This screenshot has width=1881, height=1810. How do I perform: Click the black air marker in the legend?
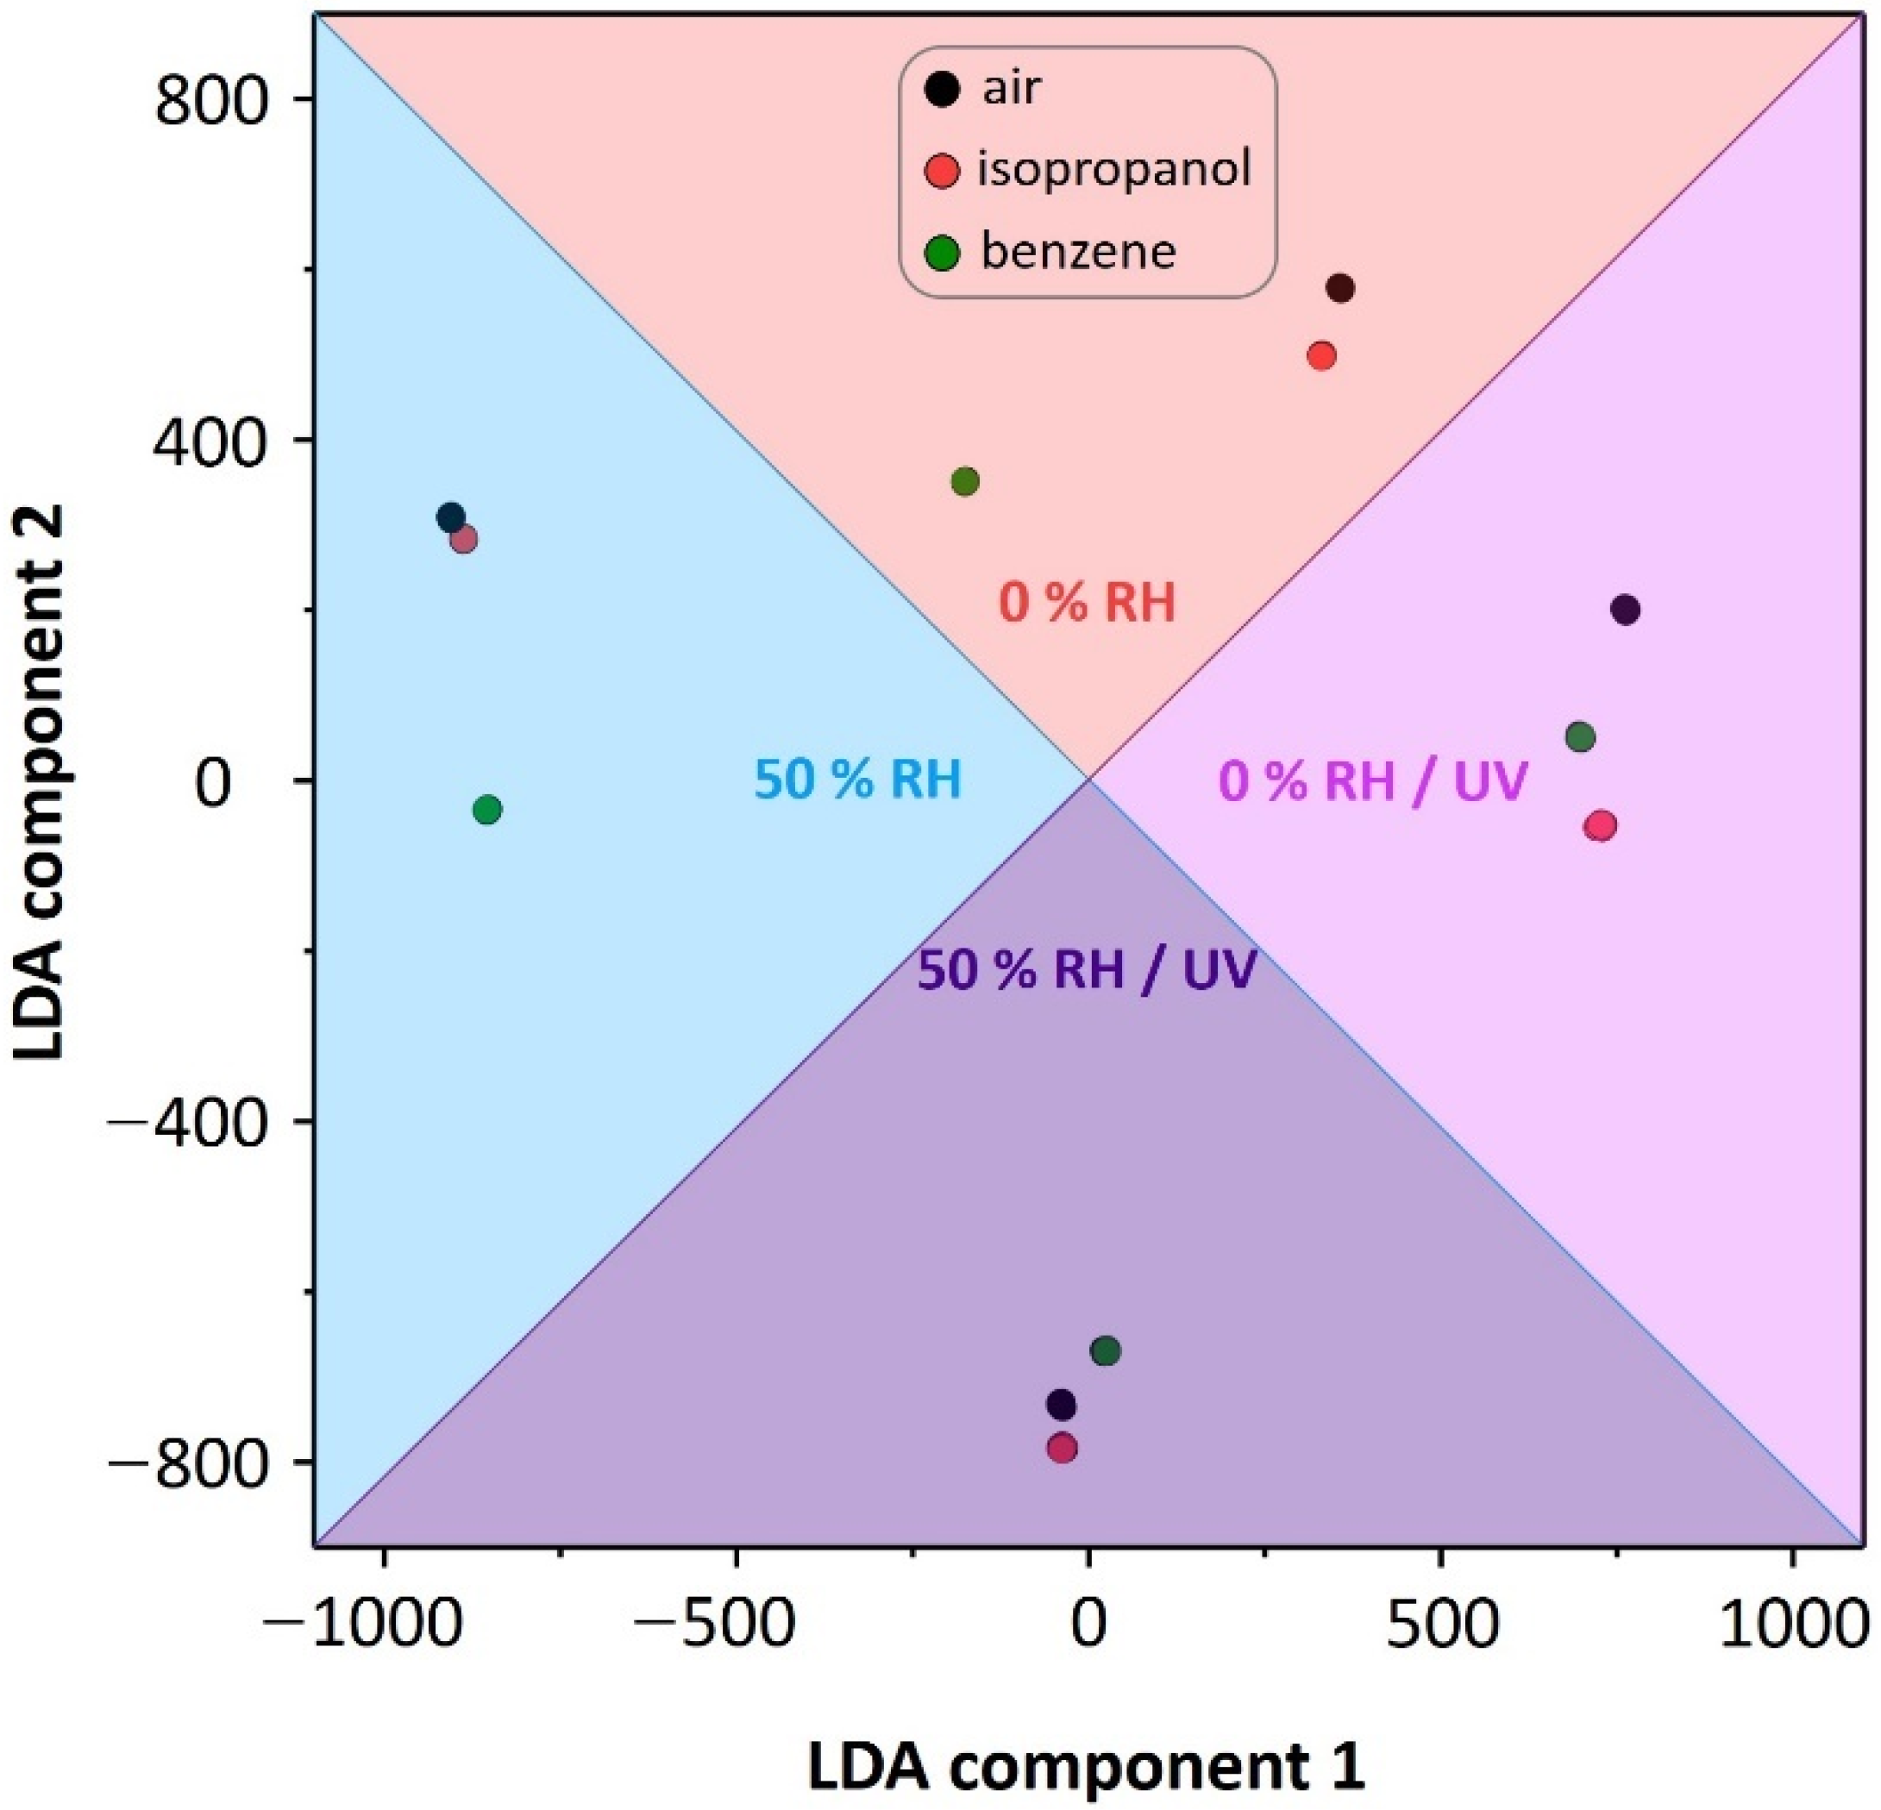click(944, 90)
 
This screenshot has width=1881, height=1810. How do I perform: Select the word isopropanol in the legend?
click(1114, 170)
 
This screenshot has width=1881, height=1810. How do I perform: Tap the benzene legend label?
click(1078, 253)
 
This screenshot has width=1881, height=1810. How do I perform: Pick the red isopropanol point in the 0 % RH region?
click(1321, 356)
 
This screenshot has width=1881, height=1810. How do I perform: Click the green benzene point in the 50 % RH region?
click(487, 810)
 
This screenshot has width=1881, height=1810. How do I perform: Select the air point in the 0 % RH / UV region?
click(1625, 610)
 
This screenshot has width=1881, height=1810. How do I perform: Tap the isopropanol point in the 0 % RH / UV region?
click(1600, 825)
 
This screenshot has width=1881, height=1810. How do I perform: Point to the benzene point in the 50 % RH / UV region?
click(1106, 1351)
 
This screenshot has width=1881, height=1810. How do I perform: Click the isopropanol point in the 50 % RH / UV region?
click(1062, 1448)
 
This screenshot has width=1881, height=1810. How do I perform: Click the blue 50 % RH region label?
click(857, 780)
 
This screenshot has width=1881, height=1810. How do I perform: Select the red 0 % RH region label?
click(1088, 604)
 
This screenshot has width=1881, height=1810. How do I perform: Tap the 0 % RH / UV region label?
click(1372, 781)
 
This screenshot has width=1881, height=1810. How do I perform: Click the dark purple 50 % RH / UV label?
click(1087, 971)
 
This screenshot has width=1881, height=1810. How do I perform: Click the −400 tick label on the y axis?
click(188, 1121)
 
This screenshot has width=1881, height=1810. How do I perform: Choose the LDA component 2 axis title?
click(41, 782)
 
